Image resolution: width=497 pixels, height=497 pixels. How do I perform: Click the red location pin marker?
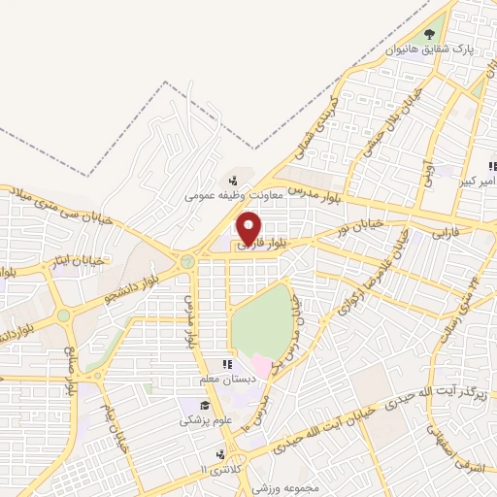[250, 227]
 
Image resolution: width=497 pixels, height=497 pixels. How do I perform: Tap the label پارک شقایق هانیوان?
[429, 47]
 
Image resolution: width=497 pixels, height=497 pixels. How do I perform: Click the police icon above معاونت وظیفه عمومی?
[232, 181]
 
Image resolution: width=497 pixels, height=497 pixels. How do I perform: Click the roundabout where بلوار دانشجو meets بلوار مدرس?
[187, 261]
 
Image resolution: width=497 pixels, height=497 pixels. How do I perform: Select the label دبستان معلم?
[229, 379]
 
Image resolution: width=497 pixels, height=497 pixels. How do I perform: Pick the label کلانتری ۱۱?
[215, 469]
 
